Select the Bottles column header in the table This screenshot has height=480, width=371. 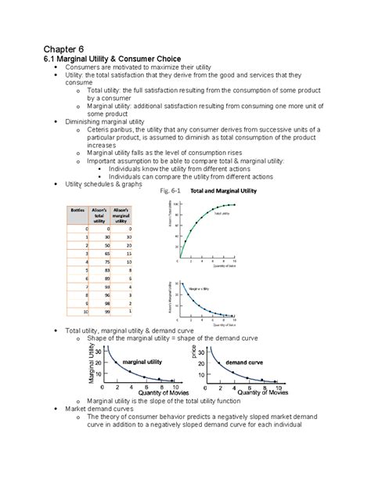(x=77, y=211)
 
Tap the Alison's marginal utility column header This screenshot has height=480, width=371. (x=122, y=215)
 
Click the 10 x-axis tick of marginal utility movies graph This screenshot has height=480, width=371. (x=176, y=387)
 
